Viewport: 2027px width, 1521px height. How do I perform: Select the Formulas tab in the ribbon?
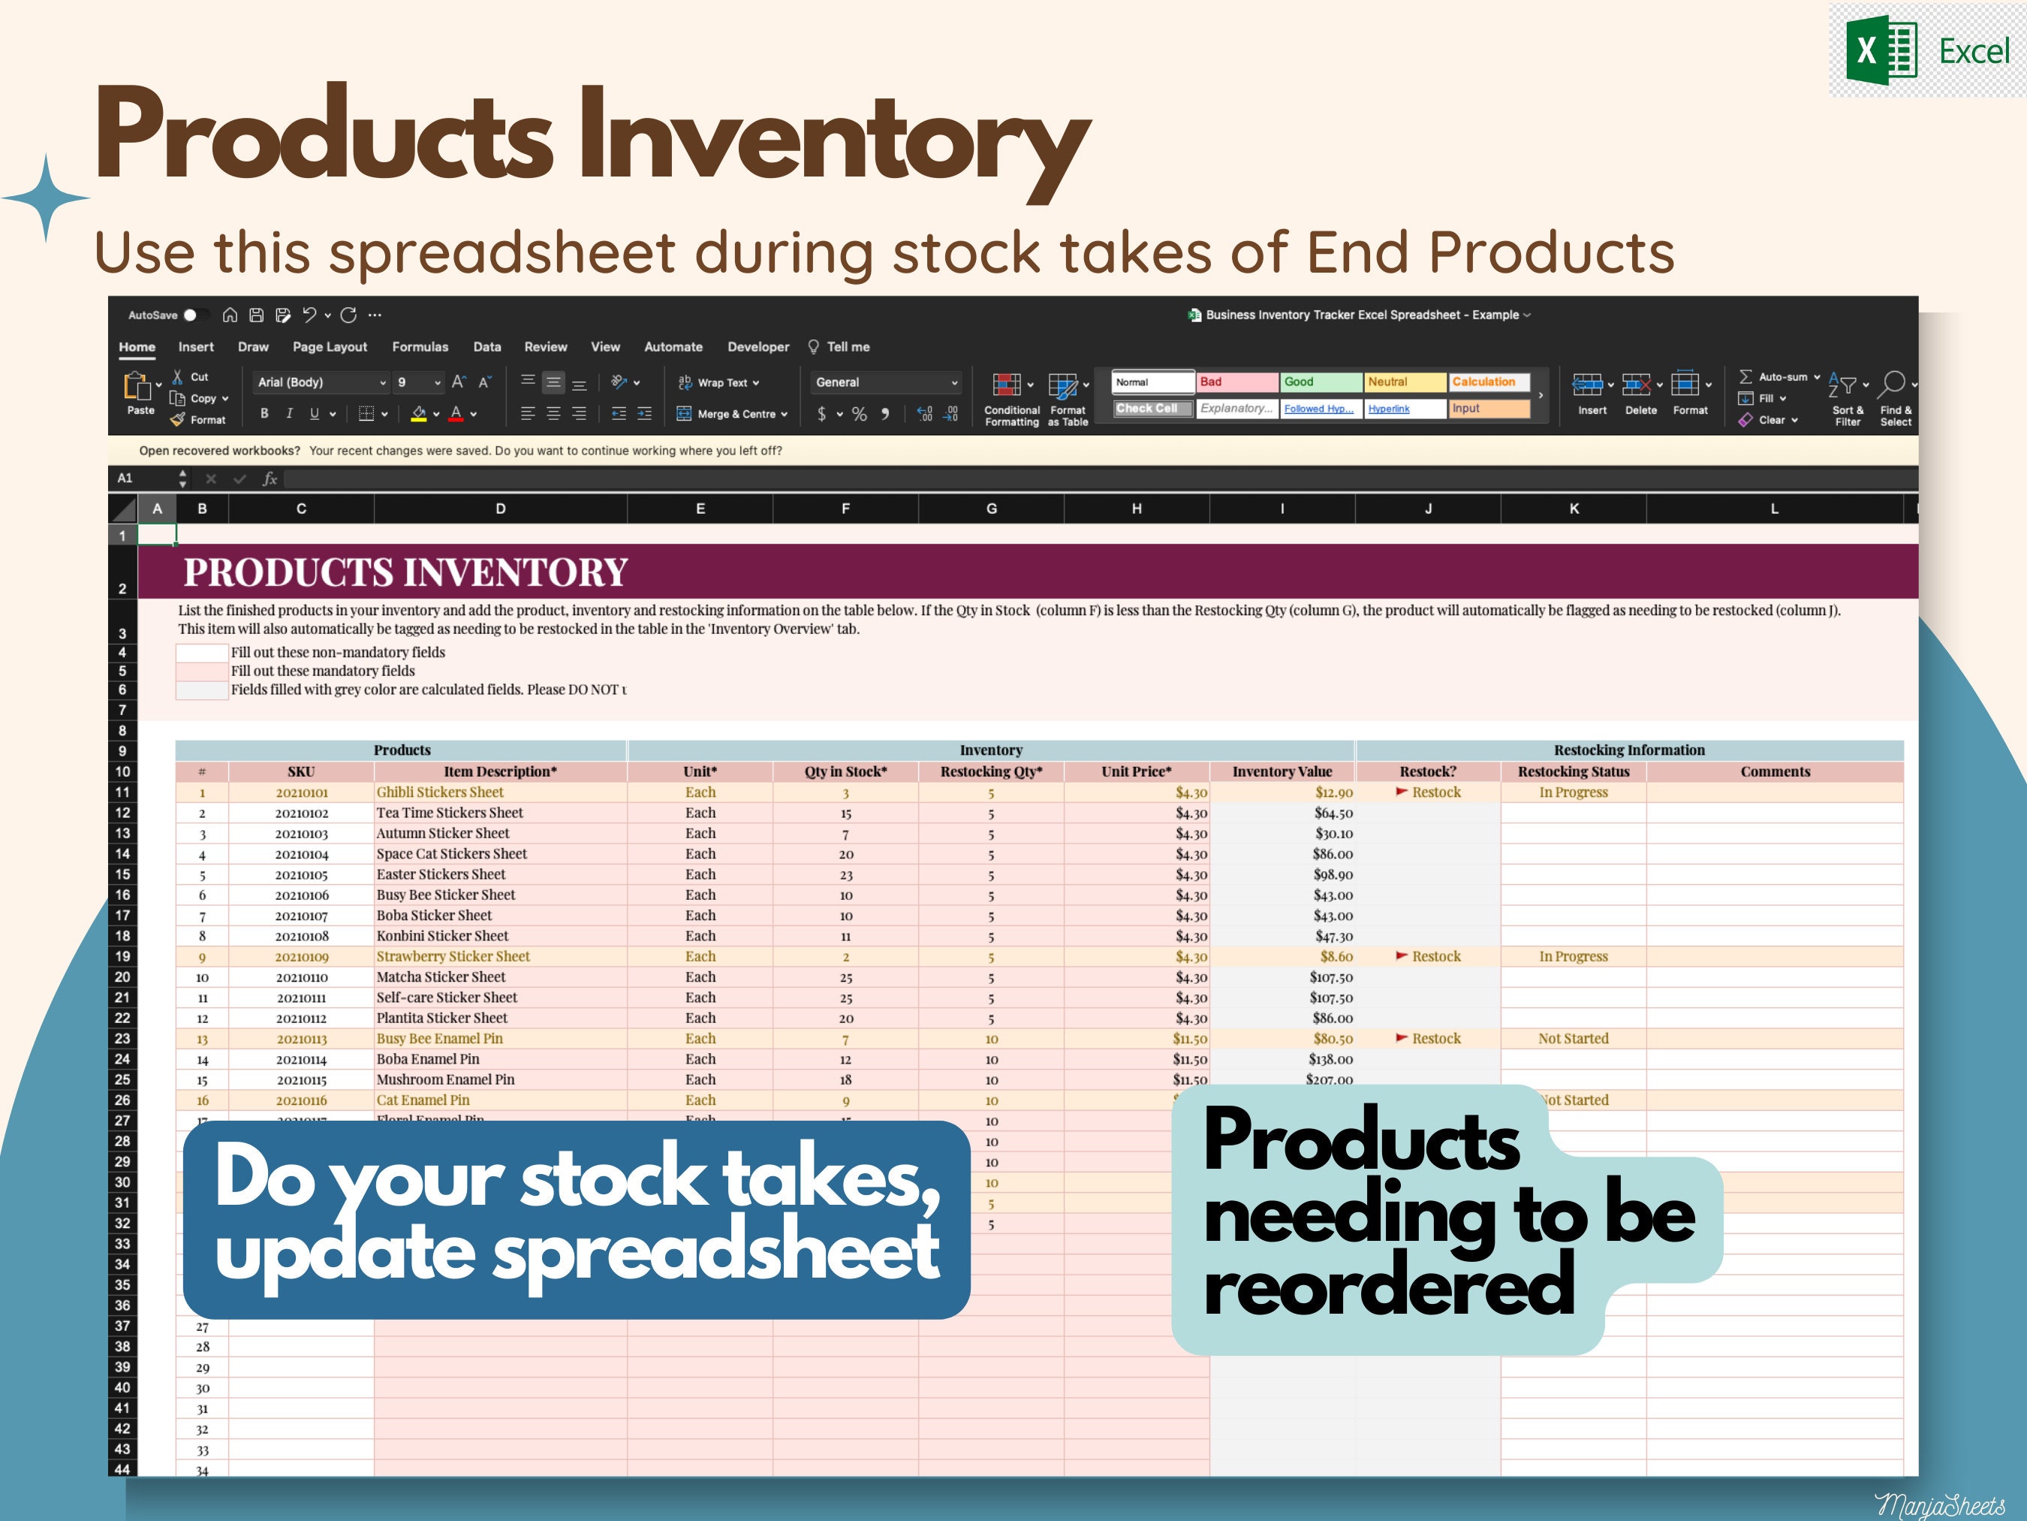point(420,346)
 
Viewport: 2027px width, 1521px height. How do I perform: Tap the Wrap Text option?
point(720,382)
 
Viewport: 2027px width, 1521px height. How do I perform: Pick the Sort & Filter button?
point(1847,399)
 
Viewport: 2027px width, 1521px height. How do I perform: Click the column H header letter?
point(1137,509)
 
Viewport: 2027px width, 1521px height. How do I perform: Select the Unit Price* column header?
point(1137,772)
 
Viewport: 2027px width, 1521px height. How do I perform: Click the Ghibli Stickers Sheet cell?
point(440,792)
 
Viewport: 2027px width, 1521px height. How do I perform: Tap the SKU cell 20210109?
point(302,957)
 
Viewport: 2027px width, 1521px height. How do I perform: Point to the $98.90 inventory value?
point(1333,874)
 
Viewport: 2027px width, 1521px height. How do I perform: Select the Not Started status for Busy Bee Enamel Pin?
point(1573,1039)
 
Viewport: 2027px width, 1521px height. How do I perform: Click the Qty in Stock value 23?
point(846,874)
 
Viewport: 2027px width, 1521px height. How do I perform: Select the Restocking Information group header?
point(1628,750)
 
